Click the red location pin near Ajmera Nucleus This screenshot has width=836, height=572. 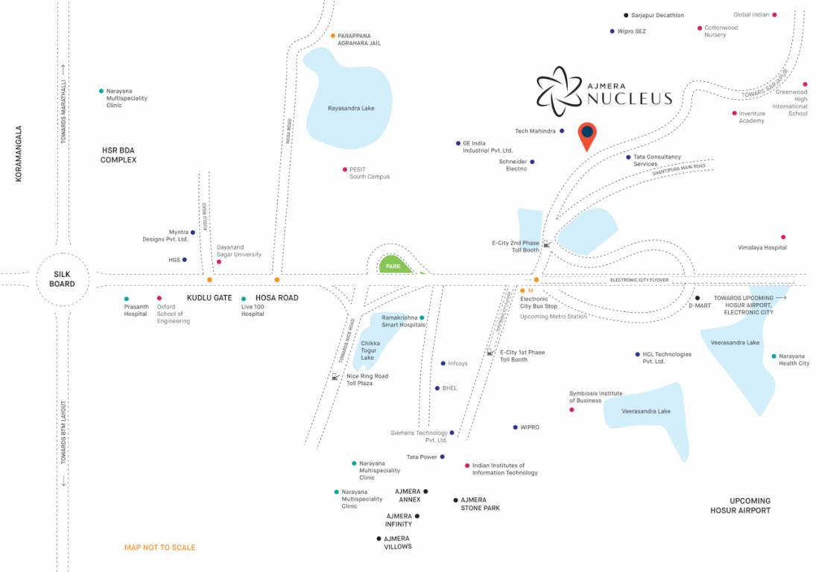[587, 134]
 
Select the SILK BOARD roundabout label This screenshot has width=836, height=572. [63, 279]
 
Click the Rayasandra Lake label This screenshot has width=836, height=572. [351, 108]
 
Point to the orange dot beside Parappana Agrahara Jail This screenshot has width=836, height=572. [333, 35]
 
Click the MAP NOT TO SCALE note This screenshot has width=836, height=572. [159, 547]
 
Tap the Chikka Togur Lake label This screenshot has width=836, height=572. [370, 351]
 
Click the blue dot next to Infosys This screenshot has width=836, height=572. [443, 363]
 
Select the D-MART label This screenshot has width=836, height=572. [700, 305]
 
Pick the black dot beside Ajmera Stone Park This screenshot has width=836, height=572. [455, 500]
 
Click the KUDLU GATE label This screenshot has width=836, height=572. [209, 297]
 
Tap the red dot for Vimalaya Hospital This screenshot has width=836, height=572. [782, 237]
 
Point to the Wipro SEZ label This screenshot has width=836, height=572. [631, 31]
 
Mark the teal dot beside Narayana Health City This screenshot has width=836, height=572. [774, 356]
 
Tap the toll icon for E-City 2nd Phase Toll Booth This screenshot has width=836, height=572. [546, 244]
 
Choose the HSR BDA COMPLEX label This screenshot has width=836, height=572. [118, 155]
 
